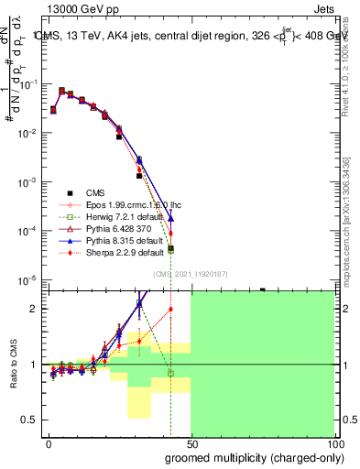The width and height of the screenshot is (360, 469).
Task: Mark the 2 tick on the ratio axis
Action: click(x=35, y=309)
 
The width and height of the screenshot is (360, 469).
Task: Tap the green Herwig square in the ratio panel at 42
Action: click(x=171, y=373)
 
